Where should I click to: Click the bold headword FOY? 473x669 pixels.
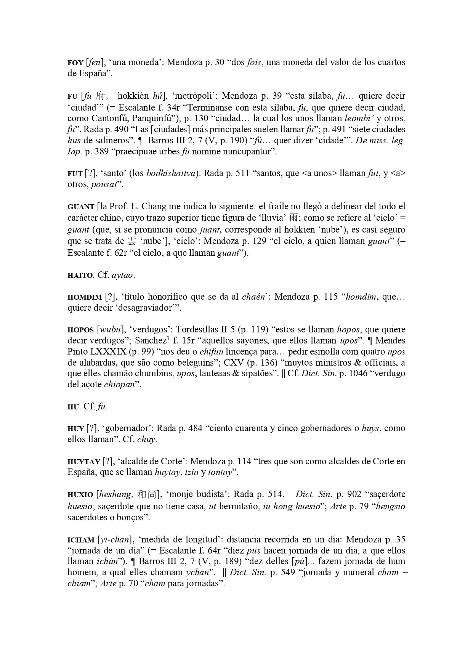(75, 63)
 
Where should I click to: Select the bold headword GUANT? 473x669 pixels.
(81, 207)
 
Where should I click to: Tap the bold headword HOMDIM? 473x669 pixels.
(84, 297)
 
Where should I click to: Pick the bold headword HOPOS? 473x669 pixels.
(80, 330)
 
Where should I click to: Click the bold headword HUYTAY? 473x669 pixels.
(83, 462)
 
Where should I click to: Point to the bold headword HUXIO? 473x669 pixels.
(80, 495)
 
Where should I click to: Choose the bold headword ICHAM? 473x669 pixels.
(81, 540)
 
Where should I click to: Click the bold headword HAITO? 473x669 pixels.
(80, 275)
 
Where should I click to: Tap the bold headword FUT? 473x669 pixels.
(75, 174)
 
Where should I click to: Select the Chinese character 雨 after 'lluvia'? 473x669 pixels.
(293, 218)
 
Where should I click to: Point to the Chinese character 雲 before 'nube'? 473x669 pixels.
(131, 241)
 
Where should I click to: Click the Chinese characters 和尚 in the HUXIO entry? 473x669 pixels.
(146, 495)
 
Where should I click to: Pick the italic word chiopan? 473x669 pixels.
(119, 385)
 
